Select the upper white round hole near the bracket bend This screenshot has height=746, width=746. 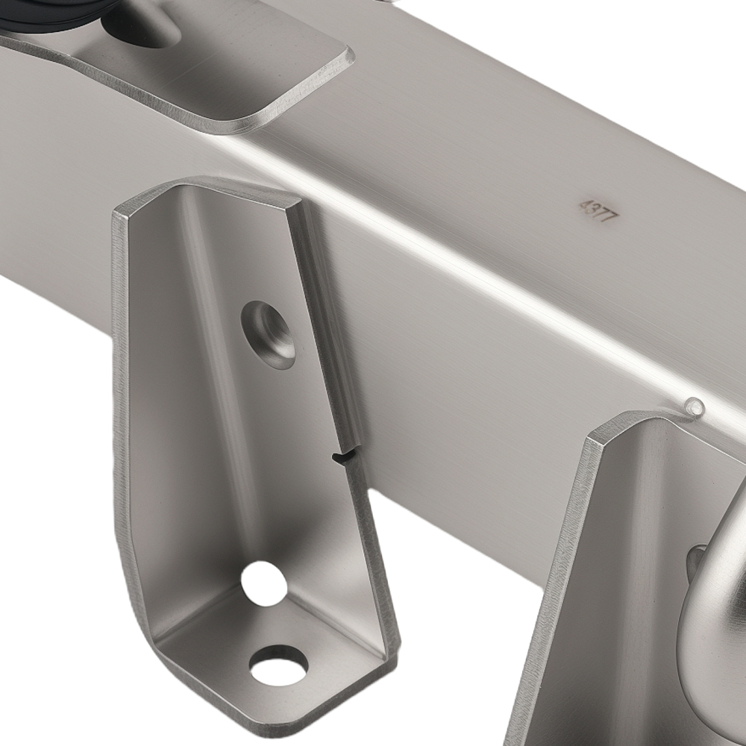click(x=263, y=583)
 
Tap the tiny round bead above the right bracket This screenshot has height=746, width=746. click(x=695, y=407)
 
